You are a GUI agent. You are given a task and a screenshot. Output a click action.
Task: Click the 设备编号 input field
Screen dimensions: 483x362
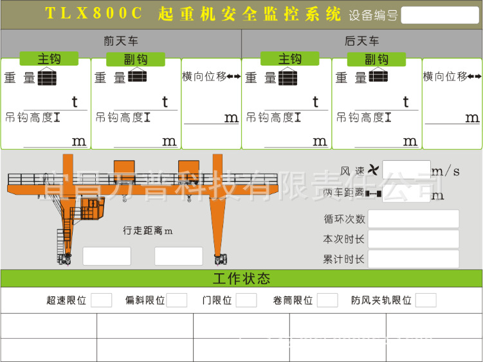440,15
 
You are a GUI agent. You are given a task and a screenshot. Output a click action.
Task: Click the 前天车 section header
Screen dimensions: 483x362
121,42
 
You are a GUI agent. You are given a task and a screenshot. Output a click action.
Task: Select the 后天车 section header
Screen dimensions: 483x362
362,42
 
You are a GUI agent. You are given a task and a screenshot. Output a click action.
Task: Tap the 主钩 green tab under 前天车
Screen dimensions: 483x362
49,59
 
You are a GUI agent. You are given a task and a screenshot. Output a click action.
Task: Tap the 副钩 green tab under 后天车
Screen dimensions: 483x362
377,59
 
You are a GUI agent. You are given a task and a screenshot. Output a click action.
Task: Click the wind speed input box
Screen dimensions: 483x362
406,170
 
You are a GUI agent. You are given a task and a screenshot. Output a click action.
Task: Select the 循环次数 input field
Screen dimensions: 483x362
414,219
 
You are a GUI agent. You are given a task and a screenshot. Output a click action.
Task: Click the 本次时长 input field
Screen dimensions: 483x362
414,239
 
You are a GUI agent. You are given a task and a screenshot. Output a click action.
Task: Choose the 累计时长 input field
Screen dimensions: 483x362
414,259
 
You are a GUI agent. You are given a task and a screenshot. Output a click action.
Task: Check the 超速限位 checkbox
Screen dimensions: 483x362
101,300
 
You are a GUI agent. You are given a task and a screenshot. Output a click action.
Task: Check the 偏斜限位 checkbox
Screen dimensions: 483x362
177,300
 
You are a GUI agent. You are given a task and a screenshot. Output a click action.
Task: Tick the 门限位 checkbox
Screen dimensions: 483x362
246,300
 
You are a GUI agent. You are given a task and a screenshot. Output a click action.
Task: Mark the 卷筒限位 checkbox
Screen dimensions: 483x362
327,300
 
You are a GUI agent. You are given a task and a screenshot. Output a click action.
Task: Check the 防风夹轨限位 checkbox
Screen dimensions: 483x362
426,300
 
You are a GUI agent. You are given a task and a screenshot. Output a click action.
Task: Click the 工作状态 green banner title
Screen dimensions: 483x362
241,278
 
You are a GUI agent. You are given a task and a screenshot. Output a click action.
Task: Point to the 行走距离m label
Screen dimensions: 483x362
148,230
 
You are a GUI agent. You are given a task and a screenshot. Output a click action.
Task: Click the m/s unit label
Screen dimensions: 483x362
446,171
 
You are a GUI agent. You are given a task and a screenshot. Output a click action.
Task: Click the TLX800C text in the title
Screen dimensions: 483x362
95,14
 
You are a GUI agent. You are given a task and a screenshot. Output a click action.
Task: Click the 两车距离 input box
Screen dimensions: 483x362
406,194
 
